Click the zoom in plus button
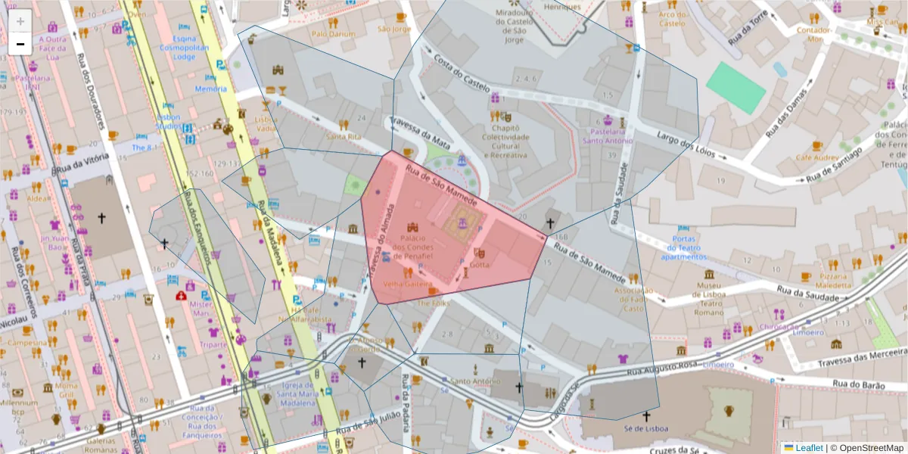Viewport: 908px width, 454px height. (x=20, y=21)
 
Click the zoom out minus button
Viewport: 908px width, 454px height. (x=20, y=44)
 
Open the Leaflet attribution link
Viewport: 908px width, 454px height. (x=808, y=448)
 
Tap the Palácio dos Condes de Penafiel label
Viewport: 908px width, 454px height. (x=412, y=247)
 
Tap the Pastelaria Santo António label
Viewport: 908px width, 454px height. (x=608, y=135)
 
